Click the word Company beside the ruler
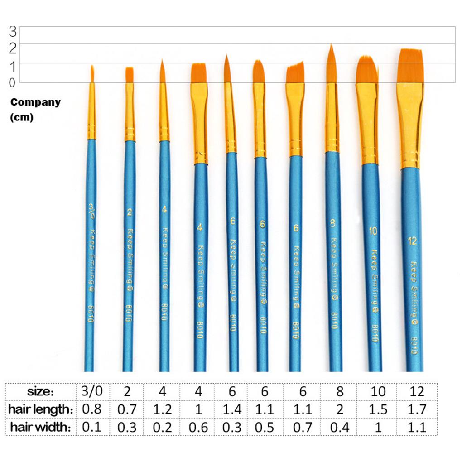coord(35,102)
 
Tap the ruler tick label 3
coord(12,31)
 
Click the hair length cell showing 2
coord(340,409)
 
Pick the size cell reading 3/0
coord(93,391)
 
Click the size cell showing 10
coord(378,391)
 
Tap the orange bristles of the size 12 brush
coord(410,66)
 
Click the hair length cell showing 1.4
coord(232,409)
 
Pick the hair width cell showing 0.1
coord(93,427)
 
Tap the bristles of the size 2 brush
coord(130,75)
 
